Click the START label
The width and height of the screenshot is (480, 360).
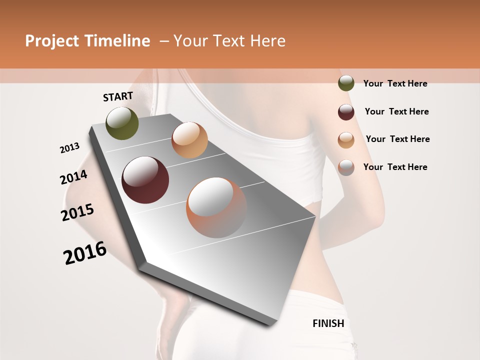(x=118, y=96)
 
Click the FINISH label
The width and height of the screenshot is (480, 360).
(x=328, y=323)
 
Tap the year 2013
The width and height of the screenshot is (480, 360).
(x=69, y=147)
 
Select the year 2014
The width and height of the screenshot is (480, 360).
(x=73, y=177)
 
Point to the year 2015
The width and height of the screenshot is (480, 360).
(x=77, y=212)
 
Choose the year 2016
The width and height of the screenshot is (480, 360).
(x=85, y=252)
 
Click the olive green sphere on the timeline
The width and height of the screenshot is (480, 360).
(x=122, y=123)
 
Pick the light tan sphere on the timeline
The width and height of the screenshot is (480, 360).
(x=189, y=140)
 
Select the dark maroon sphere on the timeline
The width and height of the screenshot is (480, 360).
(x=145, y=180)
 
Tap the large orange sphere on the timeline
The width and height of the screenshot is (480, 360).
(x=216, y=207)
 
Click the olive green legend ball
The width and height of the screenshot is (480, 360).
(x=346, y=83)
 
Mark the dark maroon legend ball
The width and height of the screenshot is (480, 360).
(x=346, y=111)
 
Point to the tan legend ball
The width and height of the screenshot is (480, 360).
(x=346, y=139)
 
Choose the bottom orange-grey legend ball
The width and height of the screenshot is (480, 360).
(x=346, y=167)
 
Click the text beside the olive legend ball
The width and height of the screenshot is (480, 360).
(x=395, y=83)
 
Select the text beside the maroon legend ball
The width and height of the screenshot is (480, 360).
(x=396, y=111)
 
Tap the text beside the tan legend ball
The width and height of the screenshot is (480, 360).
(x=397, y=139)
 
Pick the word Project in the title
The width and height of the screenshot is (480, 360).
(x=52, y=41)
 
